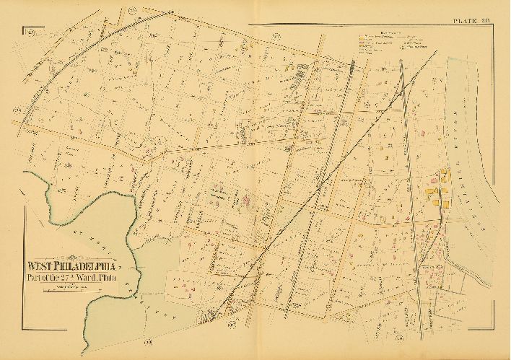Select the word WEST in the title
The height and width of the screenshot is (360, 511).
40,264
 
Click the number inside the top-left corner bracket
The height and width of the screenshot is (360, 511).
31,32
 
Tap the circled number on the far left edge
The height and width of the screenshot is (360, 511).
15,108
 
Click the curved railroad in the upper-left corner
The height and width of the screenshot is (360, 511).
65,72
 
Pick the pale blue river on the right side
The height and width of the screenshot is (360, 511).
469,144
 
